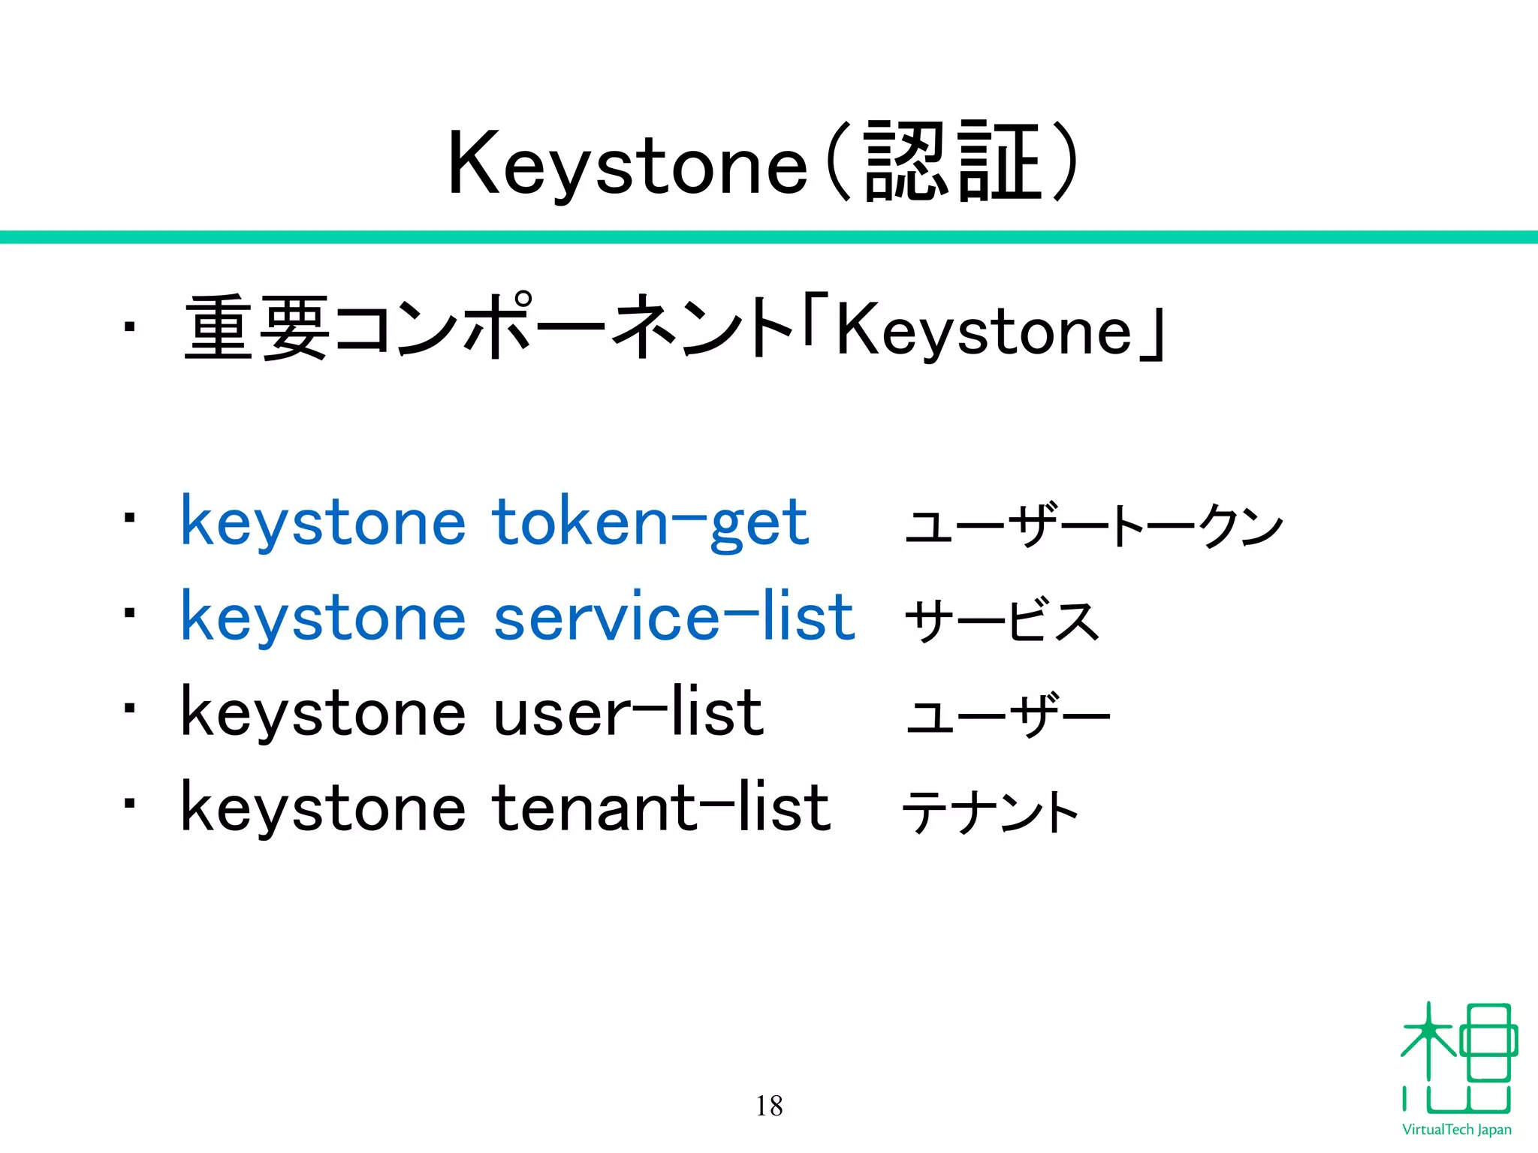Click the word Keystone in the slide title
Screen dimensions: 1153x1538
pyautogui.click(x=627, y=164)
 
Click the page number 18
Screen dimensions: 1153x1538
pyautogui.click(x=769, y=1106)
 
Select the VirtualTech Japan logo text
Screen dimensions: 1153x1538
pyautogui.click(x=1456, y=1130)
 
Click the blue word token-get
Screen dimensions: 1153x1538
pyautogui.click(x=650, y=522)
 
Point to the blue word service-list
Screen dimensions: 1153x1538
pyautogui.click(x=674, y=617)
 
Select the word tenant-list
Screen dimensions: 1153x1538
pyautogui.click(x=662, y=808)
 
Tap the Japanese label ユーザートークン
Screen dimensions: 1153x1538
pyautogui.click(x=1093, y=525)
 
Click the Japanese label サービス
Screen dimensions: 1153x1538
pyautogui.click(x=1002, y=621)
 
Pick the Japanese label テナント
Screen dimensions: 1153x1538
pyautogui.click(x=990, y=812)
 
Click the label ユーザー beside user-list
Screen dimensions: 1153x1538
pyautogui.click(x=1007, y=715)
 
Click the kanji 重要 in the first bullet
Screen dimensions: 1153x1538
pyautogui.click(x=256, y=328)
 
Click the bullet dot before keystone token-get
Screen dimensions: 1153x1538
pyautogui.click(x=130, y=518)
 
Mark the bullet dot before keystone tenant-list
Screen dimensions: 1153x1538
pyautogui.click(x=130, y=803)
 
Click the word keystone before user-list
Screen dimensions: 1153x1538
pyautogui.click(x=323, y=714)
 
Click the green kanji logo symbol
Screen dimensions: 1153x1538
pyautogui.click(x=1458, y=1058)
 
